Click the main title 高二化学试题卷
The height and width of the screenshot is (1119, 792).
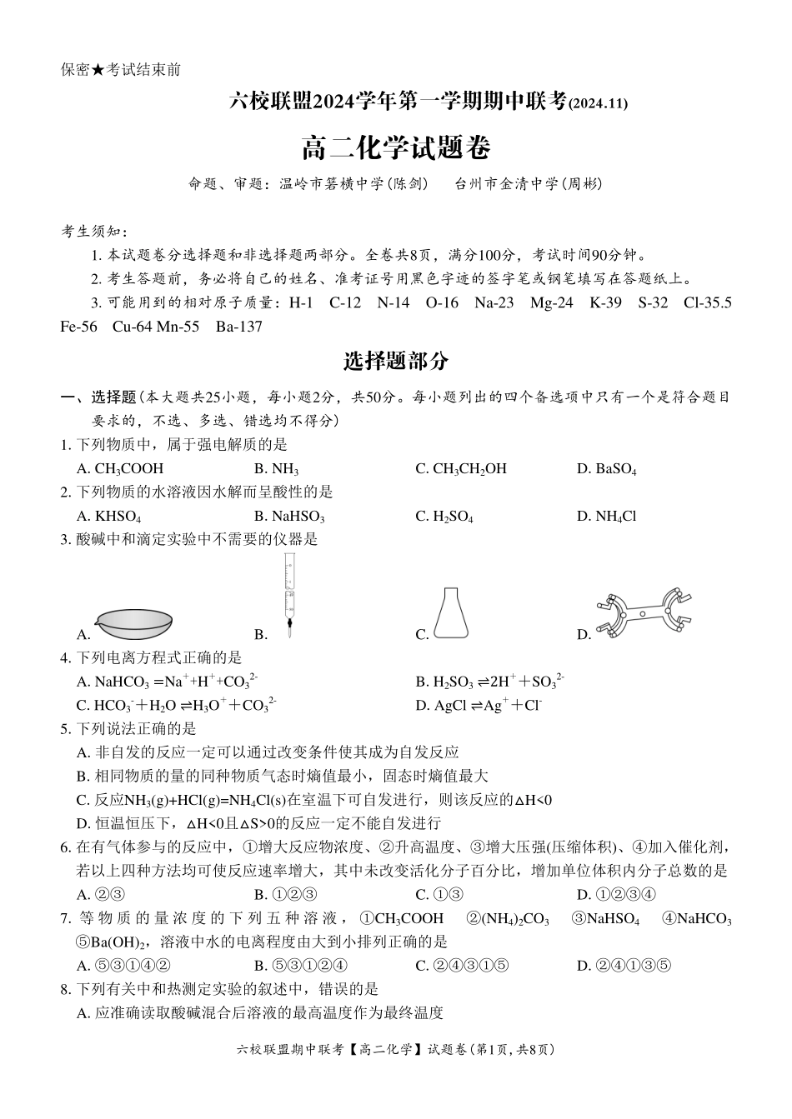[x=395, y=148]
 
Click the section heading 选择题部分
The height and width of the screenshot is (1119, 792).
[x=395, y=361]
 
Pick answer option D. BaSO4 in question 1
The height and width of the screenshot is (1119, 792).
[x=606, y=468]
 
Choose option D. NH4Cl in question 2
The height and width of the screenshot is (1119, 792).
[x=606, y=516]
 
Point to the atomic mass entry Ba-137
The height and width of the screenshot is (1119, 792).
[x=238, y=327]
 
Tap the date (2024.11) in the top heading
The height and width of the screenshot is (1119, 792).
[x=598, y=103]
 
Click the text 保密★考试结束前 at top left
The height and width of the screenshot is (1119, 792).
[x=121, y=70]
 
